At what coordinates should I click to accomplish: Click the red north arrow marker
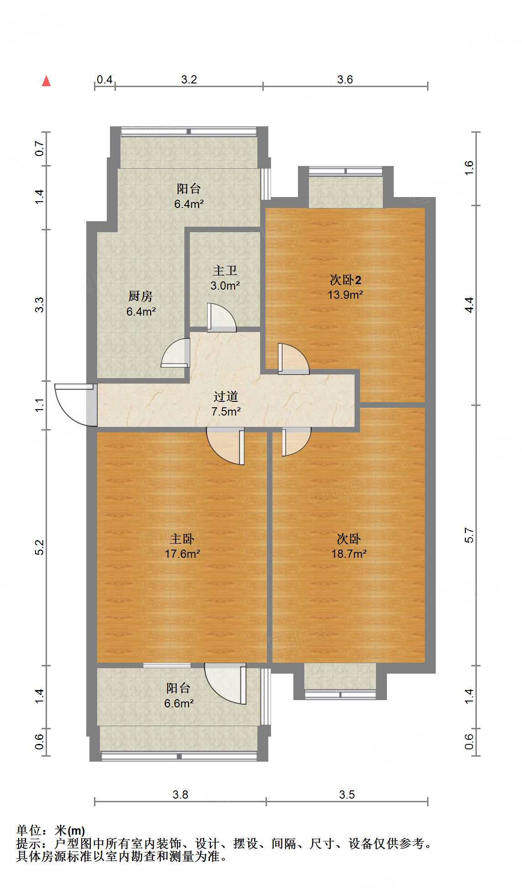click(46, 81)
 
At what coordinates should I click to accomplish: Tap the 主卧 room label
click(182, 539)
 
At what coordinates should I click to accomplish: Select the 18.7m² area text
click(349, 554)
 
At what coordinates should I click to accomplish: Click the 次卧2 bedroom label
click(345, 280)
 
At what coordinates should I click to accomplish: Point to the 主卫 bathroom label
click(225, 270)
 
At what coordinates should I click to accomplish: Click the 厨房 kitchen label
click(140, 296)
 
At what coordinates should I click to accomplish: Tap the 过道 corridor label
click(226, 396)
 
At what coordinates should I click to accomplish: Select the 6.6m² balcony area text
click(179, 703)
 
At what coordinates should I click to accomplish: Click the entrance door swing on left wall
click(73, 404)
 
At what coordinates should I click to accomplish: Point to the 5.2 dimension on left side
click(40, 547)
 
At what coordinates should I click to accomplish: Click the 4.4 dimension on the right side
click(469, 304)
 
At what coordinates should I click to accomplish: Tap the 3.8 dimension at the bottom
click(180, 795)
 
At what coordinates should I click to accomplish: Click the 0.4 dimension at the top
click(104, 79)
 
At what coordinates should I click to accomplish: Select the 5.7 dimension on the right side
click(469, 535)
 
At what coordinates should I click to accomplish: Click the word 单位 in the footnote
click(28, 831)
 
